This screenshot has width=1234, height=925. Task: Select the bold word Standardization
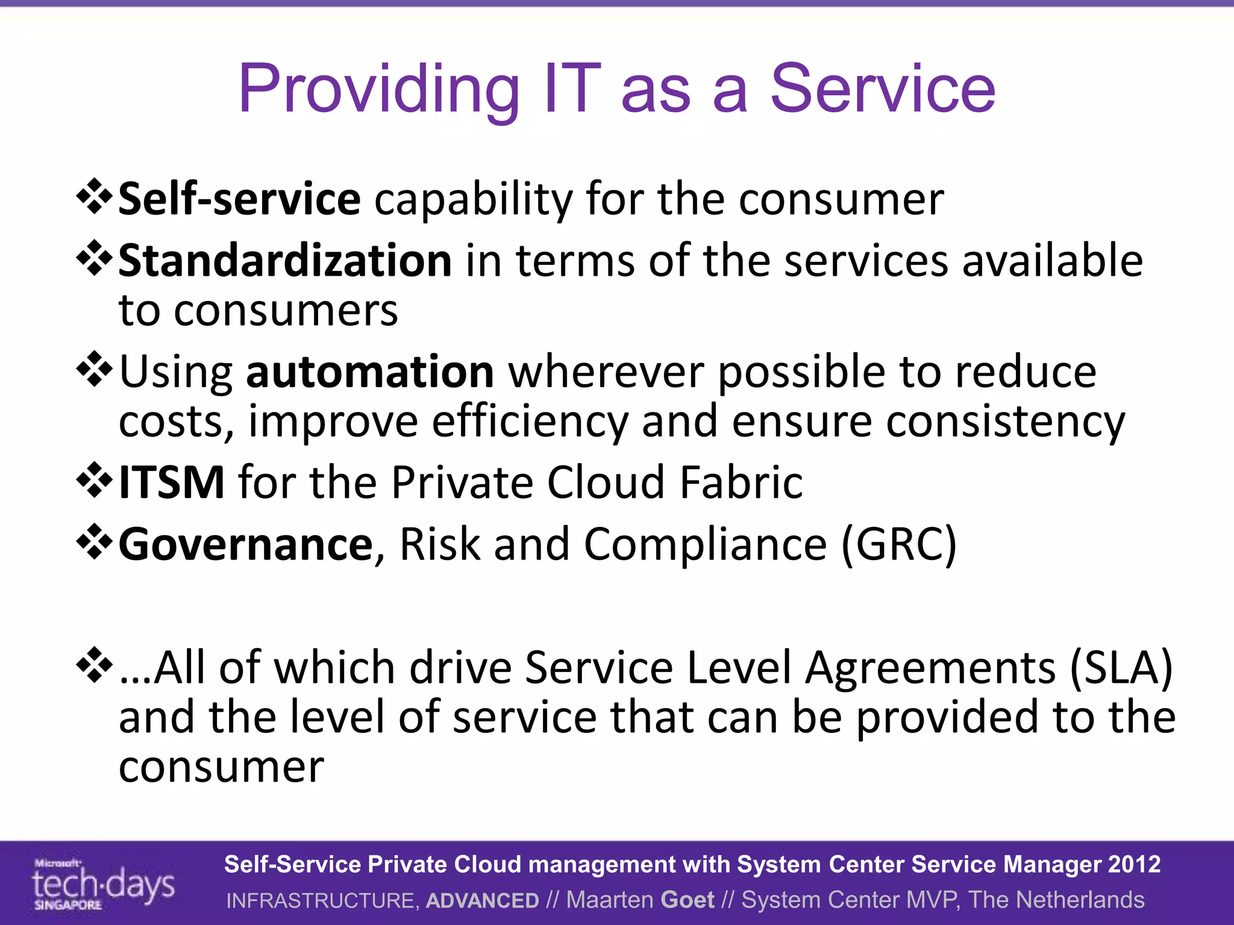tap(285, 261)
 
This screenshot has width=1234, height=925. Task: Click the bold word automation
tap(370, 372)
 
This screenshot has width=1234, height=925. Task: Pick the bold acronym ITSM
tap(172, 482)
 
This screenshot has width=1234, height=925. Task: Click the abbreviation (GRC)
tap(898, 544)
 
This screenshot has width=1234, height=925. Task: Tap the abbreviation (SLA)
tap(1120, 667)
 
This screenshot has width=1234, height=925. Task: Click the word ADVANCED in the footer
tap(482, 900)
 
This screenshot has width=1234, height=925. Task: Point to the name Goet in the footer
tap(687, 900)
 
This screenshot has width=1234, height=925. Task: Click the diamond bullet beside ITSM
tap(95, 480)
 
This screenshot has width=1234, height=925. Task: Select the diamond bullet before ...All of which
tap(95, 665)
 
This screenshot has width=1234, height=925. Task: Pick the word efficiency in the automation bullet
tap(530, 422)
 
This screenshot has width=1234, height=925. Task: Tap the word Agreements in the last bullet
tap(931, 667)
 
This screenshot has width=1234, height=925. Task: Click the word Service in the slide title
tap(883, 90)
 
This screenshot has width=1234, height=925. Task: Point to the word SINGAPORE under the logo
tap(67, 905)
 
